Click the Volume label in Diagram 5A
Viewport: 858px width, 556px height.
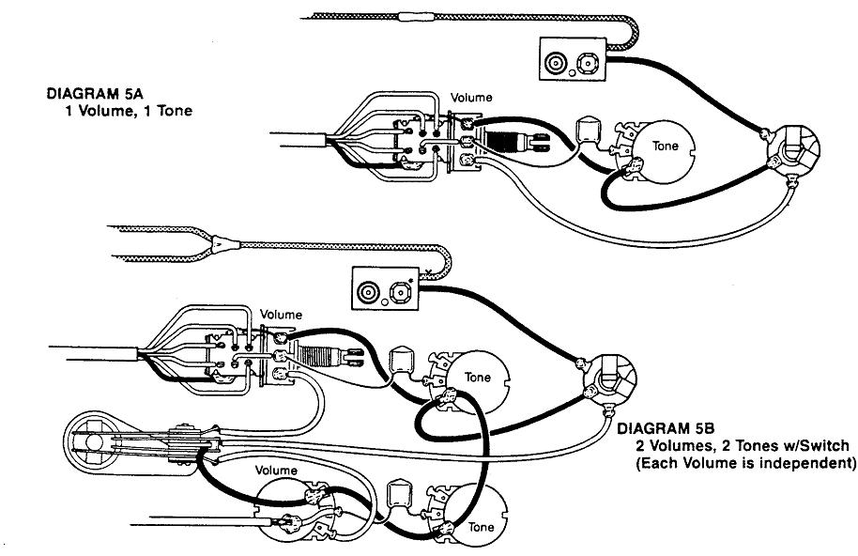coord(471,97)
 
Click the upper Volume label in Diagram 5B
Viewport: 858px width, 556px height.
coord(282,314)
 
